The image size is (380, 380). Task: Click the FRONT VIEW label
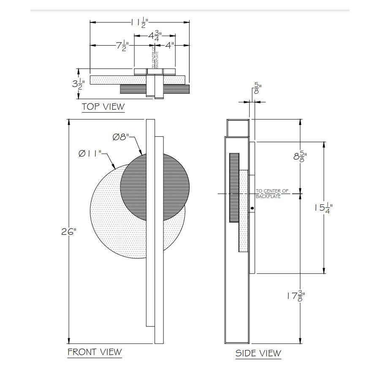tap(95, 351)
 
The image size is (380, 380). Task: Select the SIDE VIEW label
tap(258, 353)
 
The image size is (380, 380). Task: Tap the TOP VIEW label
tap(103, 106)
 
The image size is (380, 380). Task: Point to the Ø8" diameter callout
tap(123, 137)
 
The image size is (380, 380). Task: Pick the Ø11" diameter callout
tap(90, 154)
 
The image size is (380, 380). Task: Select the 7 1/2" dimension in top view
tap(119, 46)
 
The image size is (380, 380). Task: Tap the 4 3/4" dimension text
tap(155, 35)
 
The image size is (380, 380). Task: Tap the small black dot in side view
tap(252, 208)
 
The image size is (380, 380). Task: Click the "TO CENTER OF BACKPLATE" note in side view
tap(272, 194)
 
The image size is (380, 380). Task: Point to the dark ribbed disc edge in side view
tap(234, 188)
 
